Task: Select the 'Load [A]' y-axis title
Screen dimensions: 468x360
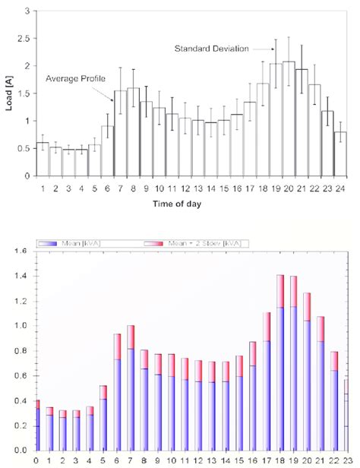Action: click(x=10, y=93)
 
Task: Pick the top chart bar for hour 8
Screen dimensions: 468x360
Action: click(x=134, y=132)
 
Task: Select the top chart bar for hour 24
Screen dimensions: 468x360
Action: click(x=340, y=154)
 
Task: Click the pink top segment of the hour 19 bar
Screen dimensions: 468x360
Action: click(x=293, y=291)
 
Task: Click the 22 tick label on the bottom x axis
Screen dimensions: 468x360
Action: click(x=335, y=460)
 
